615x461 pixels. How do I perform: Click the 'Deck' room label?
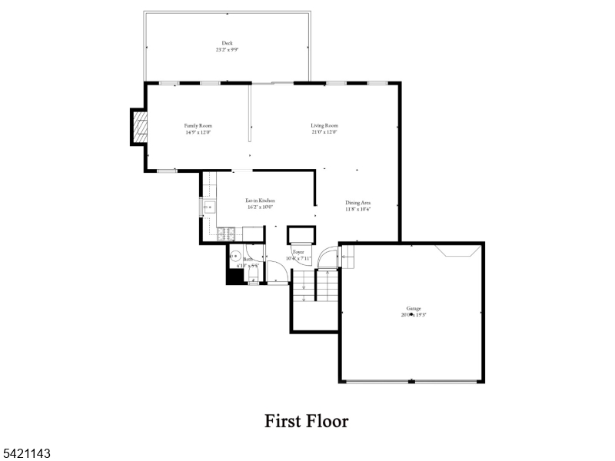227,43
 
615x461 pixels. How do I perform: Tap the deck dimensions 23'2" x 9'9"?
227,50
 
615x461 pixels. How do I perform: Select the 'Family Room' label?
198,125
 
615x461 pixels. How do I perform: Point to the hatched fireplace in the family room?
138,127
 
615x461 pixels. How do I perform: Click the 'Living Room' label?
324,125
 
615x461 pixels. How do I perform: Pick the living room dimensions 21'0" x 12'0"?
324,132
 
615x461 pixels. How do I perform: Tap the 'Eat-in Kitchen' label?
260,200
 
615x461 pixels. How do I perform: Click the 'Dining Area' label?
357,202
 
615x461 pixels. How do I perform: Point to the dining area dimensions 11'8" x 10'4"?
357,209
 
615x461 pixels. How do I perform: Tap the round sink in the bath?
236,256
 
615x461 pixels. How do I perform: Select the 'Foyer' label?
298,252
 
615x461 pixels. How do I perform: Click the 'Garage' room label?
414,308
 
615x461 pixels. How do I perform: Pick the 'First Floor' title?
307,421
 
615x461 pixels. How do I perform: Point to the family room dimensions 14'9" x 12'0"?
198,132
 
